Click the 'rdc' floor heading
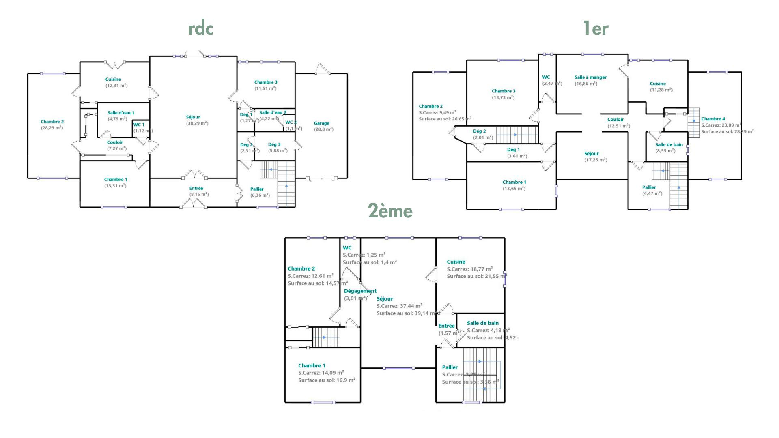[200, 29]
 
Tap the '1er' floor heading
[596, 29]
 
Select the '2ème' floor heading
[390, 211]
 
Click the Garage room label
[321, 123]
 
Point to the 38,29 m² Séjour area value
[197, 123]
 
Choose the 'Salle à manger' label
[590, 77]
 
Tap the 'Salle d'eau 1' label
[121, 113]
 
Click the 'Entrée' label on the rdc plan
[196, 189]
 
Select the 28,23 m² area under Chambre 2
[52, 128]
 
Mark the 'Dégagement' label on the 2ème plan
[360, 291]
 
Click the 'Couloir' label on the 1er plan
[615, 120]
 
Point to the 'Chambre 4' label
[713, 119]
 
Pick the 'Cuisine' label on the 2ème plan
[456, 262]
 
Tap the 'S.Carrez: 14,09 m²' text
[321, 373]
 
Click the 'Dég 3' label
[274, 144]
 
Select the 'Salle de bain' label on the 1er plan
[669, 144]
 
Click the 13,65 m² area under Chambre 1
[514, 189]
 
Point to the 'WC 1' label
[139, 125]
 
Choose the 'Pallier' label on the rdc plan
[257, 189]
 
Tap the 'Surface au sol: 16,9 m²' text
[327, 380]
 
